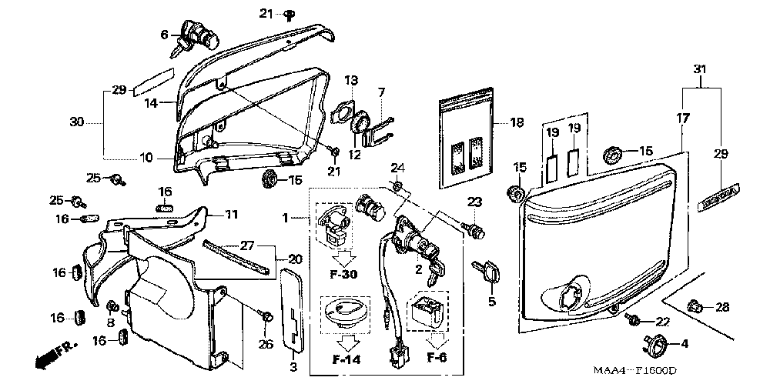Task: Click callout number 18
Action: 516,122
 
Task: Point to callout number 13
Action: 351,80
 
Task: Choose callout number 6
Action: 164,34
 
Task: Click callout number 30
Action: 75,122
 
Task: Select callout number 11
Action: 232,213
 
